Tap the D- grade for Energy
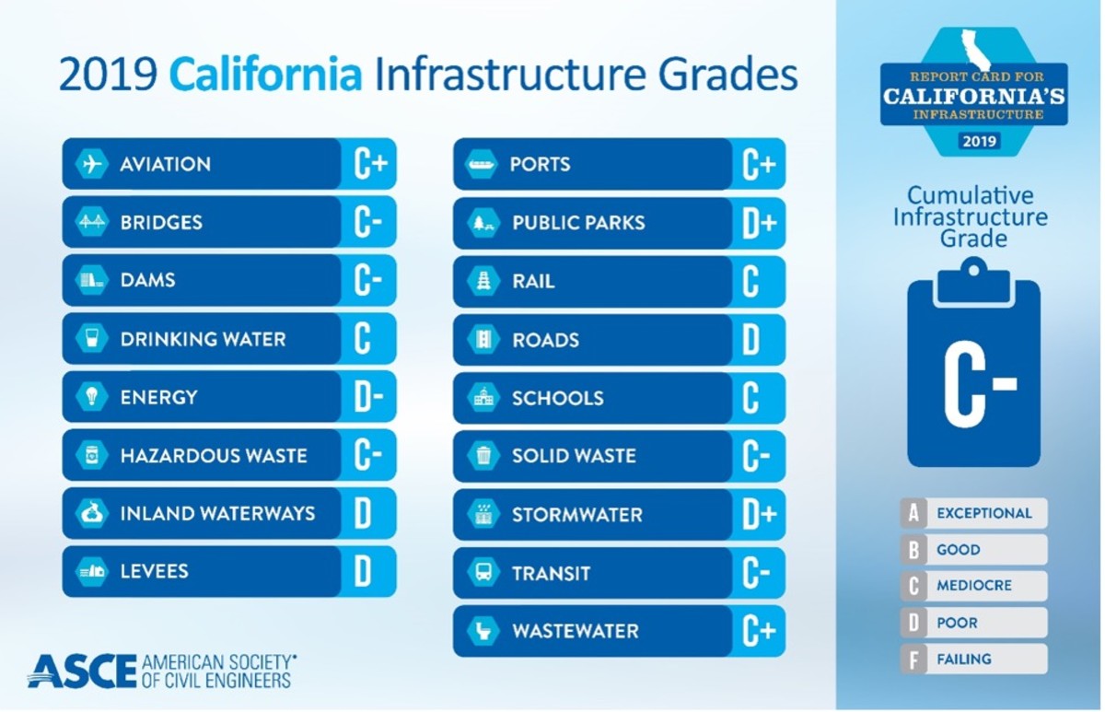click(x=368, y=397)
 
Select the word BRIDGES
click(x=161, y=223)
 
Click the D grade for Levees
click(x=363, y=572)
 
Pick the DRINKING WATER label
click(x=203, y=339)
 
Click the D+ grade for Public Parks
click(x=759, y=223)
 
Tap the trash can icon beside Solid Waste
click(x=483, y=456)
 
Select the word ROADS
click(x=546, y=340)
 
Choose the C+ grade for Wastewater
click(x=759, y=632)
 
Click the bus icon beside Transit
click(x=483, y=573)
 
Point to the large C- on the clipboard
click(x=974, y=382)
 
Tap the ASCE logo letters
click(x=82, y=671)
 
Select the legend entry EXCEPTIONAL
click(x=984, y=514)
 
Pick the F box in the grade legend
click(x=913, y=659)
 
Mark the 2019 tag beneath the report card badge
click(x=973, y=141)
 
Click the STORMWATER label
click(x=577, y=515)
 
